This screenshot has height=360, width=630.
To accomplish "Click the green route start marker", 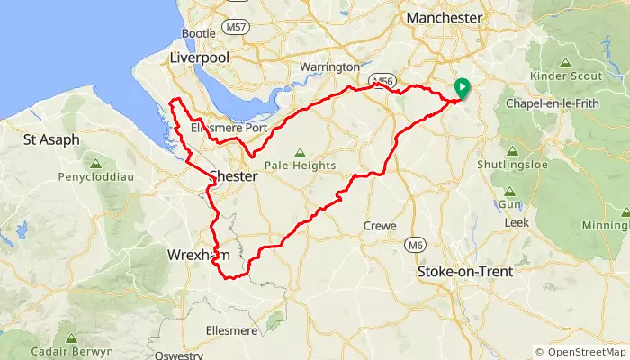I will click(462, 88).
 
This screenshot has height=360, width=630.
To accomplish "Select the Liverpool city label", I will click(200, 58).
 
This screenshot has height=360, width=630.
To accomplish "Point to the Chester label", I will click(233, 177).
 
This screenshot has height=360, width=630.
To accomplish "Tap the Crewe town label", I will click(379, 226).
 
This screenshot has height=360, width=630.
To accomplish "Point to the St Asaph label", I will click(51, 139).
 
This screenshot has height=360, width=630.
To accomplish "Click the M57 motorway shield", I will click(237, 27).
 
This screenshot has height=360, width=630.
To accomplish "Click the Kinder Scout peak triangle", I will click(565, 63).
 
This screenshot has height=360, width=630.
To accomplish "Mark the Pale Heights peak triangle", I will click(298, 151).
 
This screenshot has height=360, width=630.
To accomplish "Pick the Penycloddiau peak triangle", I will click(95, 163).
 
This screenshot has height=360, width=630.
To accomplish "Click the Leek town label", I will click(517, 221).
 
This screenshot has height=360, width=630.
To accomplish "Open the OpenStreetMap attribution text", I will click(580, 351).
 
